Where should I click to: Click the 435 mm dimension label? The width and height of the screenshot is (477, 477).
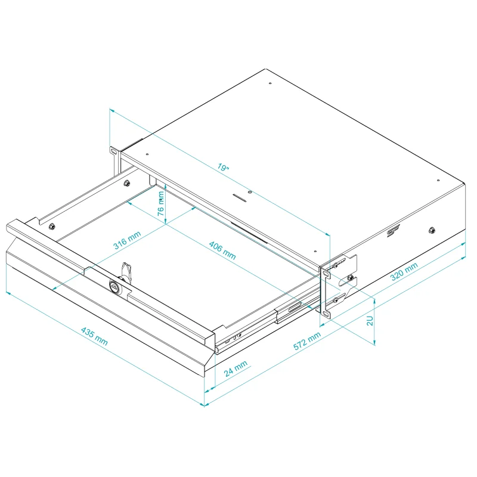click(94, 336)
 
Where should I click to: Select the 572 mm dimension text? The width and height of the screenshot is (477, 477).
click(307, 340)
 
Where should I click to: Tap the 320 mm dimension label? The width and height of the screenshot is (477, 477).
click(404, 271)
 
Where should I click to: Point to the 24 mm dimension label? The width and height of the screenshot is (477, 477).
click(236, 368)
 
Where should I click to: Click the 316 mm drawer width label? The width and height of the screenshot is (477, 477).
click(127, 240)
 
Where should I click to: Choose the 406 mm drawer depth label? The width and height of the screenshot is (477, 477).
click(222, 250)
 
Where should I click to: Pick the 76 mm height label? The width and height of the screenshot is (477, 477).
click(161, 203)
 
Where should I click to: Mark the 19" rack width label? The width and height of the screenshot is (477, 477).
click(223, 167)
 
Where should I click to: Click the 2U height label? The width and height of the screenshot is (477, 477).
click(370, 321)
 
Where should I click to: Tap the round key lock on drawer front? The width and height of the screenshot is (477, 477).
click(114, 286)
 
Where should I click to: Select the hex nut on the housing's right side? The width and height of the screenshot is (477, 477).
click(431, 230)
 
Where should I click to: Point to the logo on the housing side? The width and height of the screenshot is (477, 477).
click(394, 231)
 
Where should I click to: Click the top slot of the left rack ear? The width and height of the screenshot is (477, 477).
click(113, 151)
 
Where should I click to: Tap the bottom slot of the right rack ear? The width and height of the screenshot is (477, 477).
click(326, 314)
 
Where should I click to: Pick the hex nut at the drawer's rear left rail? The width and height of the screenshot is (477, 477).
click(126, 183)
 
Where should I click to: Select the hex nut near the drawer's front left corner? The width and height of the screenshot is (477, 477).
click(52, 226)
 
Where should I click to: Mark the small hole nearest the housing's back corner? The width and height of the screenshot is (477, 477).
click(270, 83)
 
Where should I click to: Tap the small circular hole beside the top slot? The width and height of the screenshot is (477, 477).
click(250, 192)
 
